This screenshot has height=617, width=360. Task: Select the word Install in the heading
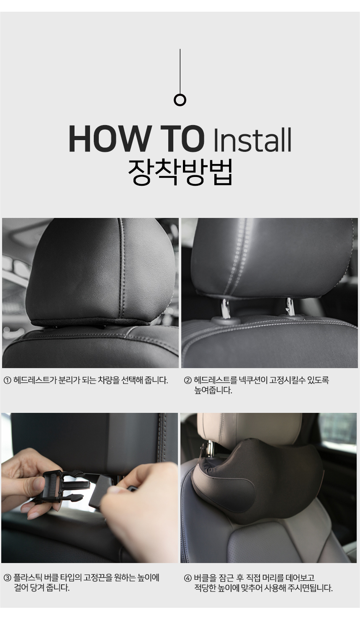(252, 140)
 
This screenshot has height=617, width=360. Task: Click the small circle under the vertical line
(180, 100)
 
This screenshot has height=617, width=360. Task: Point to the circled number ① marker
(8, 380)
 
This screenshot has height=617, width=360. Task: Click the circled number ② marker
(188, 380)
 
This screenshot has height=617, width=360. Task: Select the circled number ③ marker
(8, 577)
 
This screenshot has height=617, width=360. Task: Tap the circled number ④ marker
(188, 577)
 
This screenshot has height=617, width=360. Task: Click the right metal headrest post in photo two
(291, 307)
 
